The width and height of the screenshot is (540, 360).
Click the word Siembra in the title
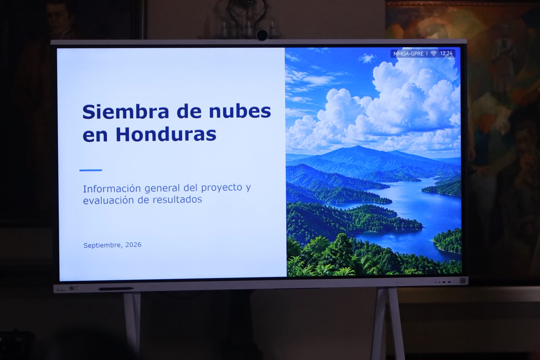[x=126, y=112]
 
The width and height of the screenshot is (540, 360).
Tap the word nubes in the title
[x=240, y=111]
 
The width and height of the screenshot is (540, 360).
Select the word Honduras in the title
[x=166, y=134]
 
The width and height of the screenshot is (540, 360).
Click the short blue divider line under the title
[x=91, y=170]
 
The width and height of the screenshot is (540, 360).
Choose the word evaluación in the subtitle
[x=108, y=200]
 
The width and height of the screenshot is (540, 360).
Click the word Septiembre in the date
[x=103, y=245]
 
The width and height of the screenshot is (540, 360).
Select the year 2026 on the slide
[x=133, y=245]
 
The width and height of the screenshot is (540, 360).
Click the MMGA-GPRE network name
[x=408, y=54]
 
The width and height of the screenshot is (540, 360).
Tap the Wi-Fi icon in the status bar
[x=433, y=54]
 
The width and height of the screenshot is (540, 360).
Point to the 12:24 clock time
[x=446, y=53]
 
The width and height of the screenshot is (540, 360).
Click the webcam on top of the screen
[x=262, y=35]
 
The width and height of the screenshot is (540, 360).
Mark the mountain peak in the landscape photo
[x=358, y=146]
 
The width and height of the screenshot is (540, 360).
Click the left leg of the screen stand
[x=132, y=323]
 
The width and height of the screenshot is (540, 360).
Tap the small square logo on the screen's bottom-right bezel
[x=462, y=280]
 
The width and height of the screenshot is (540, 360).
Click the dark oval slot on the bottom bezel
[x=116, y=289]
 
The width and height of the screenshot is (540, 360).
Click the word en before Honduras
[x=95, y=136]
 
